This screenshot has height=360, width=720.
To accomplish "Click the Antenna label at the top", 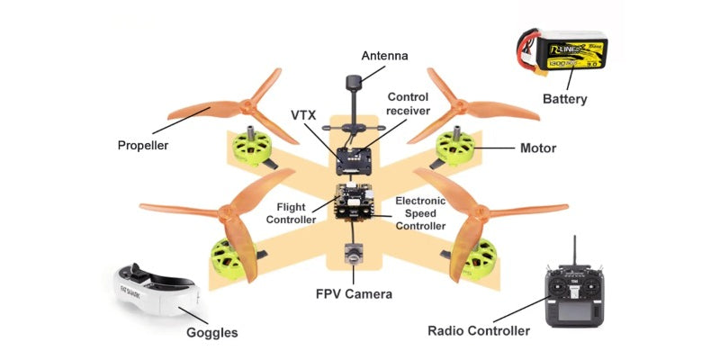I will point(384,56).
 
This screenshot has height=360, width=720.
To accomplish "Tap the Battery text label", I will point(564,98).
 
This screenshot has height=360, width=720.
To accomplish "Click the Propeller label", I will point(143,144).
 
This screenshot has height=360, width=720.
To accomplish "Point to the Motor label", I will point(537,148).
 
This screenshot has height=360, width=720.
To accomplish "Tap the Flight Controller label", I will point(297,212).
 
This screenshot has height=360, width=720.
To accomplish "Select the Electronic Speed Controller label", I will point(420,213).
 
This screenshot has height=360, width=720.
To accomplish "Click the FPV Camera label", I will point(353,293).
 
